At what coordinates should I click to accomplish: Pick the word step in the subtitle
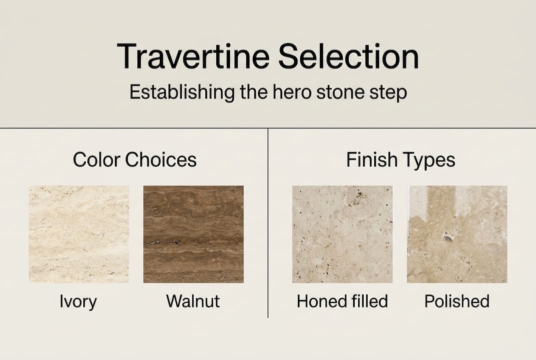point(389,93)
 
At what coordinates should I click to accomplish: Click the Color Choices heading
point(135,160)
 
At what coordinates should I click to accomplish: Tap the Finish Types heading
point(401,160)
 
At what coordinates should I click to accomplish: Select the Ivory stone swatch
point(79,234)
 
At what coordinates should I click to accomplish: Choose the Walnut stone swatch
point(193,234)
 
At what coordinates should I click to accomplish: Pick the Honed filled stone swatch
point(342,234)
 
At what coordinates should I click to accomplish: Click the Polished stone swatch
point(457,234)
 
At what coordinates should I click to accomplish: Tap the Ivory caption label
point(78,301)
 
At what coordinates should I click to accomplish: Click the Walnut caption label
point(193,301)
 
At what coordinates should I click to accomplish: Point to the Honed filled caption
point(342,301)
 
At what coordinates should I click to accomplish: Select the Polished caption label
point(457,301)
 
